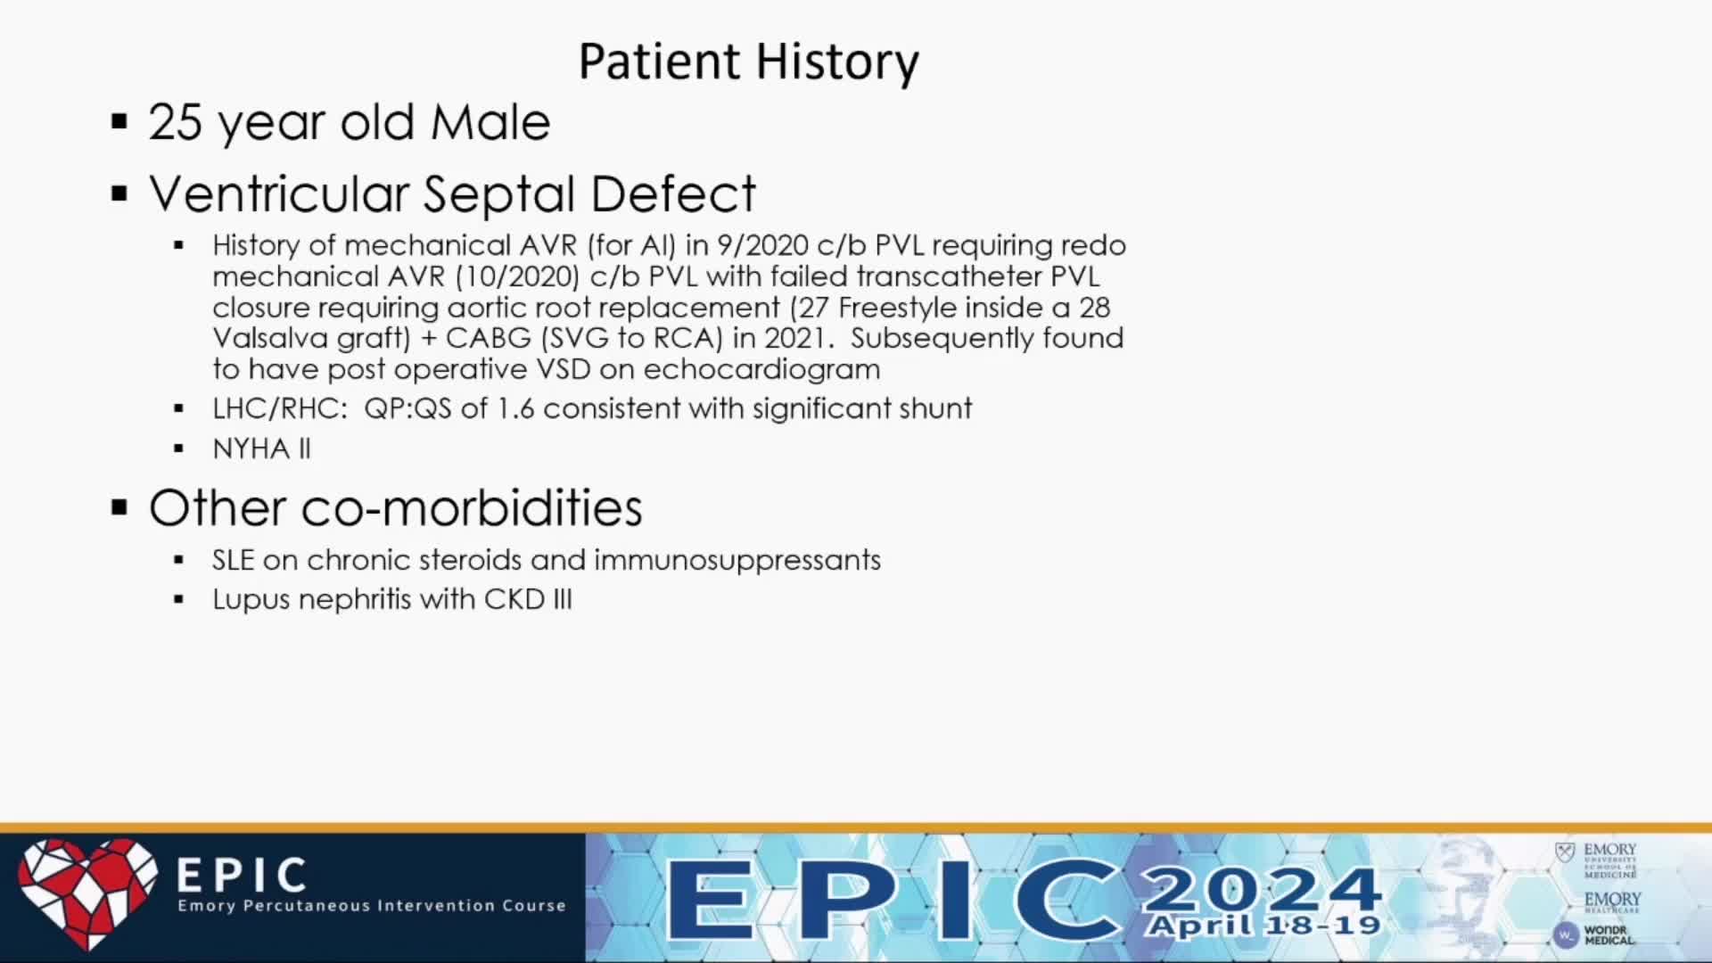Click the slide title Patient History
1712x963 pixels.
[748, 62]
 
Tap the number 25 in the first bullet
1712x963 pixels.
[176, 122]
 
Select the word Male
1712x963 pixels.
[490, 122]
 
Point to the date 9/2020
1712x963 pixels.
[762, 245]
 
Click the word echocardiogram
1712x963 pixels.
[761, 369]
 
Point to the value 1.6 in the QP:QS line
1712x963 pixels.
[514, 408]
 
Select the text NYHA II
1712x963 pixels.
[261, 449]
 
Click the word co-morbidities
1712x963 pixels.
[472, 508]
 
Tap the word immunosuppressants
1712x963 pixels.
[737, 561]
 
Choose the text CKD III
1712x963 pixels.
[528, 599]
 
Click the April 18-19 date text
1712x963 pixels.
[1263, 926]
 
